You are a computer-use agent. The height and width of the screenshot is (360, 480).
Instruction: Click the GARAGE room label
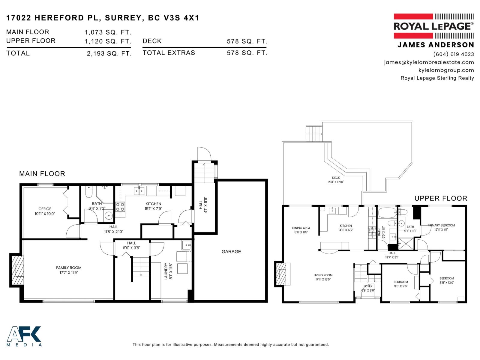[231, 251]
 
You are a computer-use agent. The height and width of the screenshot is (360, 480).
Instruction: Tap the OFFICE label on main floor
[45, 209]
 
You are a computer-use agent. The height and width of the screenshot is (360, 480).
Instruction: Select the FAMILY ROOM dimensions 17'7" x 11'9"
[69, 273]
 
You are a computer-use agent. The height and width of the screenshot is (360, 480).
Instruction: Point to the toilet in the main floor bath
[89, 192]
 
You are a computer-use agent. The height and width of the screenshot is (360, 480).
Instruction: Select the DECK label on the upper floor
[336, 178]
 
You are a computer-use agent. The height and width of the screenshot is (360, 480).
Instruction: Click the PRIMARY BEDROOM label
[441, 225]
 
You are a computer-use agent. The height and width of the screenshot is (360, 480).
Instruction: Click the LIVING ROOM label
[323, 275]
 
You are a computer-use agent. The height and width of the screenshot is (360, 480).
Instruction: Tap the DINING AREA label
[301, 228]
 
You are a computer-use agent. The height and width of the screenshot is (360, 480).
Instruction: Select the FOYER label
[368, 286]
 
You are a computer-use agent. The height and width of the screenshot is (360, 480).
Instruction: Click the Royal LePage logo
[433, 26]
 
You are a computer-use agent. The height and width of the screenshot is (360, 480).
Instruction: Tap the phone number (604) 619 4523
[453, 54]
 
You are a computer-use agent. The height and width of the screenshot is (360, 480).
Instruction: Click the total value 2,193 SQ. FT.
[109, 53]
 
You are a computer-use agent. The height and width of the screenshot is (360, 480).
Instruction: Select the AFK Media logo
[24, 336]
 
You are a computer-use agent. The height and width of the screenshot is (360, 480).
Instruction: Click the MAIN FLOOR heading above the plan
[42, 174]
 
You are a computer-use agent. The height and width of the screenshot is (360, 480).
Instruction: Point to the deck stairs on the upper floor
[314, 133]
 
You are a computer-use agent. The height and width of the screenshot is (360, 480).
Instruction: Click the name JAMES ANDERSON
[436, 45]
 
